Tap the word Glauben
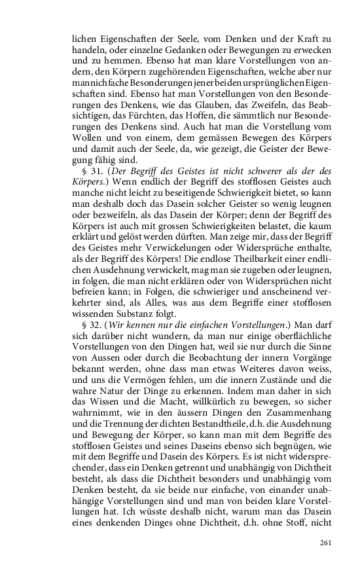pyautogui.click(x=225, y=110)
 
